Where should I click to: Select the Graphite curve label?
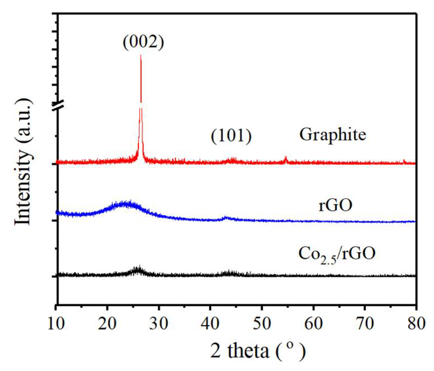point(333,135)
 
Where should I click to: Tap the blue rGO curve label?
point(335,205)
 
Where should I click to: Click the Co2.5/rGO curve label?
point(337,254)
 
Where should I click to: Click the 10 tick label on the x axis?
point(56,323)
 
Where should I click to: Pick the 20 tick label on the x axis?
point(108,323)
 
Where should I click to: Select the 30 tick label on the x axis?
point(159,323)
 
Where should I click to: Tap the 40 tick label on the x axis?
point(211,323)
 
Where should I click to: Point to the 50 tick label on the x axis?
point(262,323)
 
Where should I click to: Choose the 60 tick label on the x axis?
point(314,323)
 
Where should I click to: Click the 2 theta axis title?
point(258,351)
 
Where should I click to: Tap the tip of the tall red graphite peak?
point(141,55)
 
